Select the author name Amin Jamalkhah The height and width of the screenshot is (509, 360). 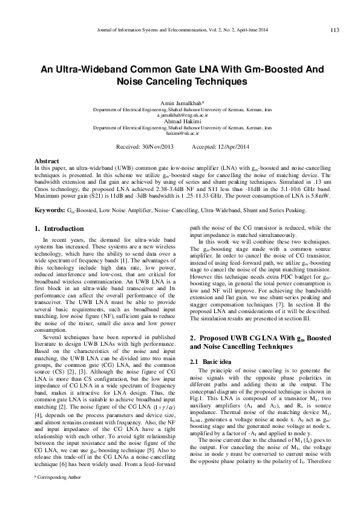click(181, 103)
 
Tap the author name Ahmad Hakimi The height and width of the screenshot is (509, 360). click(181, 121)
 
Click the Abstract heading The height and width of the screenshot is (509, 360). click(47, 161)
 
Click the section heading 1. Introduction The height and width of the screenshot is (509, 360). click(59, 229)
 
